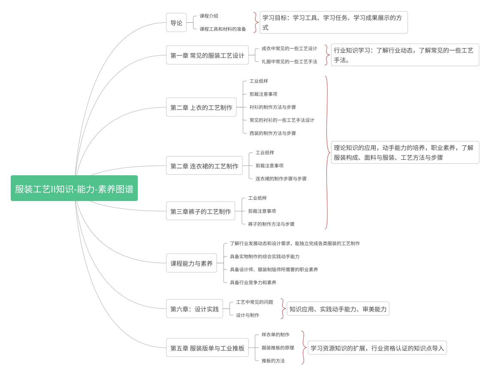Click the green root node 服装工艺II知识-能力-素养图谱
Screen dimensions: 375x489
74,188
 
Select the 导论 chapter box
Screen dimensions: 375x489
176,23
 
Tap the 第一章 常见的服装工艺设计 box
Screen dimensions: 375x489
207,55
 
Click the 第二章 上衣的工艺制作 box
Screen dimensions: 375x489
201,107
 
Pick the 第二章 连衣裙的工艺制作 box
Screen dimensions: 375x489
204,166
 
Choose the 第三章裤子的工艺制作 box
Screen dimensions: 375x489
200,211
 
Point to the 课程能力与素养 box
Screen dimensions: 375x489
191,263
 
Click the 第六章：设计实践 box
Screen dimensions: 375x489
194,308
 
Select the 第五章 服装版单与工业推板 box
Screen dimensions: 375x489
207,348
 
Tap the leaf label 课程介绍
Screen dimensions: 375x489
209,16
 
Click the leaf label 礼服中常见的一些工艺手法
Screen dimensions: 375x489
289,61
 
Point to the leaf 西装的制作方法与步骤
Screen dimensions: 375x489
272,133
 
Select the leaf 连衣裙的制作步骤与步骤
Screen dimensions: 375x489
281,179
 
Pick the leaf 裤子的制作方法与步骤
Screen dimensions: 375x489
271,224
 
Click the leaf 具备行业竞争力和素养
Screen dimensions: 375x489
253,282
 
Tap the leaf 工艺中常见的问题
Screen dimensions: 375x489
254,302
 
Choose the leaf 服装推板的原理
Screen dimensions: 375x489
278,348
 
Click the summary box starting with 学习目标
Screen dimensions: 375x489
333,22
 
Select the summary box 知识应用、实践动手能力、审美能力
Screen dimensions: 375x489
338,308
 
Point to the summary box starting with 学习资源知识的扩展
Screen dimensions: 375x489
377,348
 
